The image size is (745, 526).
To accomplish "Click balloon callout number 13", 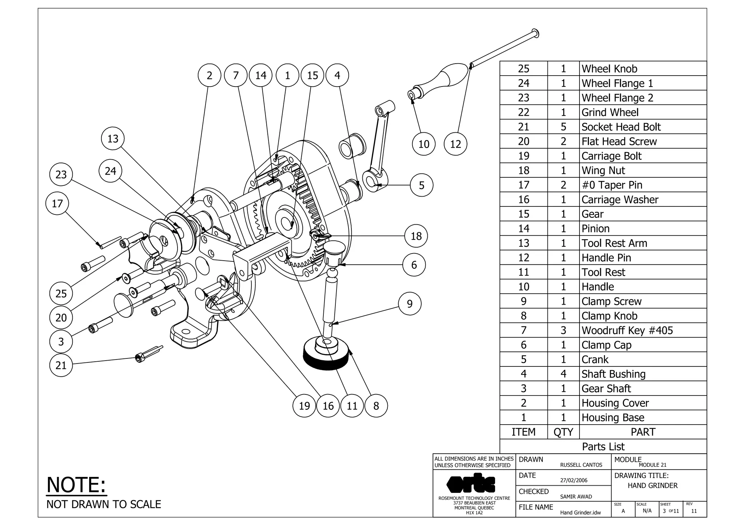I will [113, 138].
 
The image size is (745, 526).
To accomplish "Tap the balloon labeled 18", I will [416, 236].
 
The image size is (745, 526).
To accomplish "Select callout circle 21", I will [61, 365].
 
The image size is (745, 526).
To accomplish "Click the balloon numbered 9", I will [410, 304].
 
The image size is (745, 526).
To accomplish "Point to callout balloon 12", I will [455, 144].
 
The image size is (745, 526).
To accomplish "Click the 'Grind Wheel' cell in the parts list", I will [610, 112].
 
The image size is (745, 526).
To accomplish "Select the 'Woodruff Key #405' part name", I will [627, 330].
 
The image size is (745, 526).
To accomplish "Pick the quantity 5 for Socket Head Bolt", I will [563, 127].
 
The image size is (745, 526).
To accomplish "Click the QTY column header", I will [563, 432].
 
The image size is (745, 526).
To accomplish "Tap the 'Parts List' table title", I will [603, 446].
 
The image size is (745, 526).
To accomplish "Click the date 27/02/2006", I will [574, 480].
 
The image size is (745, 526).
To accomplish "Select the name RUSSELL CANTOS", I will [581, 465].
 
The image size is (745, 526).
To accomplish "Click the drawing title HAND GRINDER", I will [653, 486].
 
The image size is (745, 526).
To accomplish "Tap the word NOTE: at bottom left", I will [76, 485].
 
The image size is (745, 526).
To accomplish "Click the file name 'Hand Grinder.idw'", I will [580, 513].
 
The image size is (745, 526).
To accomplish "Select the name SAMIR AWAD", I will [576, 497].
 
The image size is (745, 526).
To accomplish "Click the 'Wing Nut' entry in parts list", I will [603, 170].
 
